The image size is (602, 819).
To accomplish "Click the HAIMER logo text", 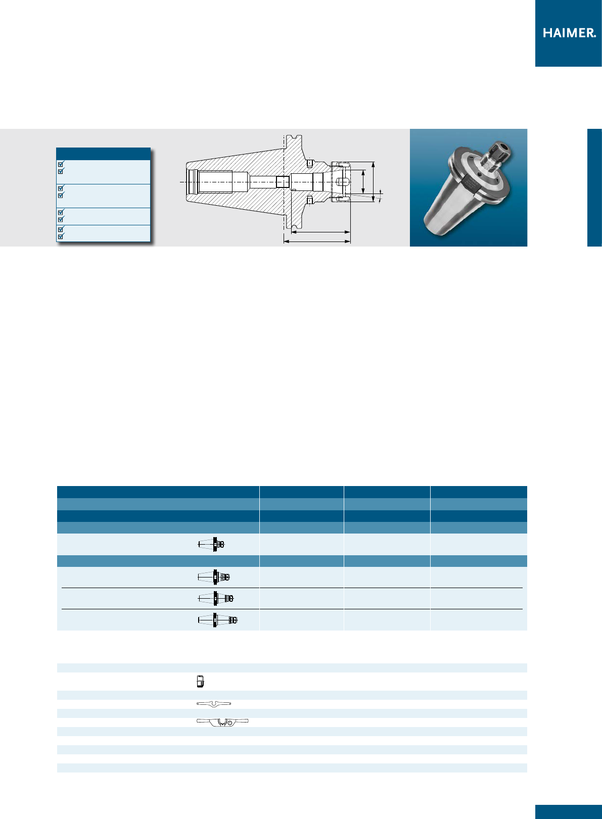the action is click(569, 33).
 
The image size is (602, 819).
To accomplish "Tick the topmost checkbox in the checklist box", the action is click(61, 164).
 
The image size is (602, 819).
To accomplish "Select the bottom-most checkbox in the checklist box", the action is click(61, 236).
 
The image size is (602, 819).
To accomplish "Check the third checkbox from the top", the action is click(61, 188).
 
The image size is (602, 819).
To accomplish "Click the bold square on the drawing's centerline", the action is click(283, 182).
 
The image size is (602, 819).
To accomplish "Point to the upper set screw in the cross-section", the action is click(309, 163).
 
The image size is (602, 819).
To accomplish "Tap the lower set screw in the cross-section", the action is click(309, 201).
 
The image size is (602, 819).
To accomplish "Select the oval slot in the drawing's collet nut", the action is click(342, 182).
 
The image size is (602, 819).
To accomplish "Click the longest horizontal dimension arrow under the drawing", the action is click(317, 242).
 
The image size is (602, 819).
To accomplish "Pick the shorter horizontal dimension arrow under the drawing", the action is click(321, 231).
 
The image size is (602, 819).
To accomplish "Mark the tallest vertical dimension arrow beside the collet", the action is click(373, 182).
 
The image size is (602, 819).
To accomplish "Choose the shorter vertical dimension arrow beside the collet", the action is click(363, 182).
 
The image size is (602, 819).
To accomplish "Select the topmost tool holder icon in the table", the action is click(211, 545).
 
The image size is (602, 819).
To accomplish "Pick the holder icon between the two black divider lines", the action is click(215, 599).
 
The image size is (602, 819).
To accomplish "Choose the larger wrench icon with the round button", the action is click(222, 722).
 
